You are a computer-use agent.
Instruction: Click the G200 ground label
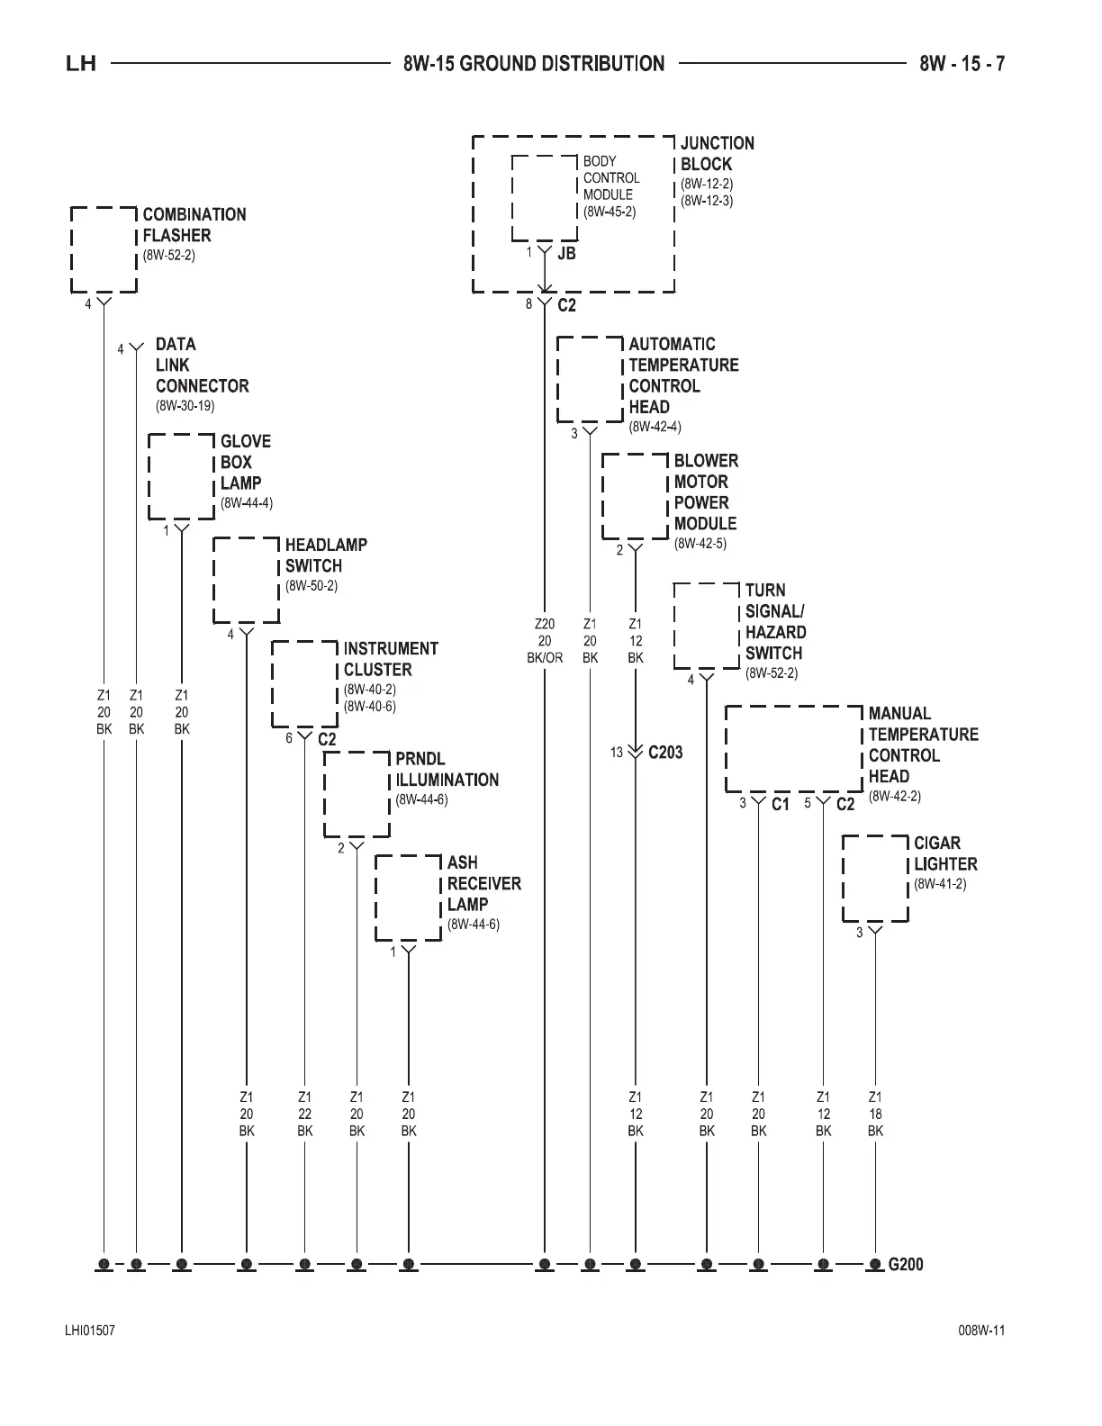click(x=906, y=1264)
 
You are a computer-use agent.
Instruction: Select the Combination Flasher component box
click(x=104, y=249)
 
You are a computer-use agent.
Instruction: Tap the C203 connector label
click(x=665, y=753)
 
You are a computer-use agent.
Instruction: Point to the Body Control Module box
click(x=545, y=198)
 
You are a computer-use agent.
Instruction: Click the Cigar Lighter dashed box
click(x=875, y=878)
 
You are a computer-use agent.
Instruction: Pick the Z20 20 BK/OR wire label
click(x=545, y=640)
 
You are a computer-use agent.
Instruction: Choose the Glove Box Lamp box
click(x=182, y=476)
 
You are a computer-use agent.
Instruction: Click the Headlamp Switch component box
click(x=246, y=580)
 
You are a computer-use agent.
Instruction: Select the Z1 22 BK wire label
click(x=305, y=1114)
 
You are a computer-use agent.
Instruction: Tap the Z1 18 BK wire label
click(x=875, y=1114)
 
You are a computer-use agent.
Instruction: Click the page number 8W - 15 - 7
click(x=962, y=64)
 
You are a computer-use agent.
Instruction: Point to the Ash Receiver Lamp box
click(x=408, y=898)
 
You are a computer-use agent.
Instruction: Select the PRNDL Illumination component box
click(x=357, y=794)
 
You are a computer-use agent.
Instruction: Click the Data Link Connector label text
click(x=201, y=366)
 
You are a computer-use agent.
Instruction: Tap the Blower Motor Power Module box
click(x=636, y=496)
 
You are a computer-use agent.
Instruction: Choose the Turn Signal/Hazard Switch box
click(x=707, y=626)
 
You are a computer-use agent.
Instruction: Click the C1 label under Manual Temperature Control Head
click(x=780, y=804)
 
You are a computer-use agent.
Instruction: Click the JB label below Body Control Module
click(x=566, y=254)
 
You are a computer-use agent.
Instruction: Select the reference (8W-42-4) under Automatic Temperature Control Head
click(x=655, y=427)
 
